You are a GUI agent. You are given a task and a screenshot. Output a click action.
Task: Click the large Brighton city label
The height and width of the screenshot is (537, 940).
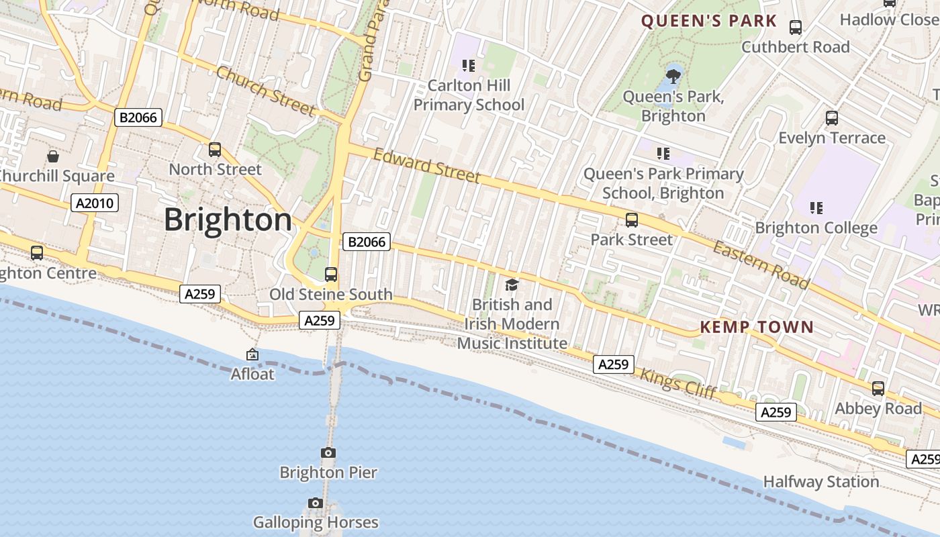pyautogui.click(x=228, y=220)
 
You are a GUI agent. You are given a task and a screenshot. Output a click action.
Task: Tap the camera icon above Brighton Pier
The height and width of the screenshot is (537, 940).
pyautogui.click(x=328, y=453)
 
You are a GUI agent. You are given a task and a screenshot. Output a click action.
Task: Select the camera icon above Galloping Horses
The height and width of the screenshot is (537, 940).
pyautogui.click(x=316, y=503)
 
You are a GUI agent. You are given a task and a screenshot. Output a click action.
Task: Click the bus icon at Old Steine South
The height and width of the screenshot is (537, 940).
pyautogui.click(x=330, y=274)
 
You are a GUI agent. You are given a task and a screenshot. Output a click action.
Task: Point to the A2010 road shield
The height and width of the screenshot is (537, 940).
pyautogui.click(x=95, y=203)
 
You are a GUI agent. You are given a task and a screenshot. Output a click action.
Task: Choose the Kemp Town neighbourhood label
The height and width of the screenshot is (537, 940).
pyautogui.click(x=757, y=328)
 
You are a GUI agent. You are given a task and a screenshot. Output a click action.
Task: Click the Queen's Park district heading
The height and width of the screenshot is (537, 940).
pyautogui.click(x=708, y=21)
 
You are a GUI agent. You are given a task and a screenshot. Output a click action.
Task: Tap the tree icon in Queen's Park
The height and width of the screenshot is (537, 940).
pyautogui.click(x=673, y=76)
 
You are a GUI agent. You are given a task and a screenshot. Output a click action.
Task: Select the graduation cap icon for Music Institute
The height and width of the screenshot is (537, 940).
pyautogui.click(x=512, y=285)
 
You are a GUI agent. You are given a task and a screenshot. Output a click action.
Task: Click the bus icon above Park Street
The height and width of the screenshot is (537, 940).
pyautogui.click(x=631, y=219)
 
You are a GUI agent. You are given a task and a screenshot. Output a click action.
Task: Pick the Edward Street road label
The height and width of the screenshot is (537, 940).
pyautogui.click(x=426, y=166)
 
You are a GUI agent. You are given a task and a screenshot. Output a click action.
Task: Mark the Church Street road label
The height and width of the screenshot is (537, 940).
pyautogui.click(x=265, y=91)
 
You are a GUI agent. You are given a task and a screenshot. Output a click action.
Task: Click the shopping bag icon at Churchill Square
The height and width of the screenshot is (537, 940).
pyautogui.click(x=53, y=156)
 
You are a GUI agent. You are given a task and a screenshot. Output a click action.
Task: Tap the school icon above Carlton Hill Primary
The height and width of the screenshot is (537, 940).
pyautogui.click(x=469, y=66)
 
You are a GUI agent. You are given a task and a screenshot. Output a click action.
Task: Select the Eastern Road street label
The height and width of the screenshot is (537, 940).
pyautogui.click(x=761, y=264)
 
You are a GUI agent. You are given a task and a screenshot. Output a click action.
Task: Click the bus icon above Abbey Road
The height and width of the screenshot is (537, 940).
pyautogui.click(x=878, y=389)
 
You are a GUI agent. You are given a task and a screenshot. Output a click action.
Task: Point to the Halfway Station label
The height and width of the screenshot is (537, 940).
pyautogui.click(x=820, y=482)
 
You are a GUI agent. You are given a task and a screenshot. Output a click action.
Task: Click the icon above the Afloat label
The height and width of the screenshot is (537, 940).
pyautogui.click(x=252, y=354)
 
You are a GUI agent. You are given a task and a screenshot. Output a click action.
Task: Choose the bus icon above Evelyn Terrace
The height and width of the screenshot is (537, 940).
pyautogui.click(x=831, y=118)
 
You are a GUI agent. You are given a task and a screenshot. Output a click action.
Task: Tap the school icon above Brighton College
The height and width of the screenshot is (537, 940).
pyautogui.click(x=816, y=208)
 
